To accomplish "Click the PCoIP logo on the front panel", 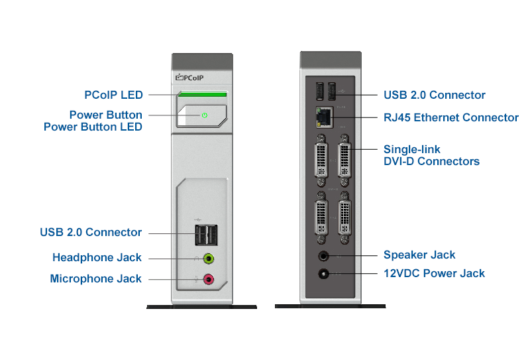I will pyautogui.click(x=189, y=78).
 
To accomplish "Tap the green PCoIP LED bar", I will pyautogui.click(x=202, y=95).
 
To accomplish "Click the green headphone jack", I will pyautogui.click(x=209, y=258).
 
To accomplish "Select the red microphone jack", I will pyautogui.click(x=209, y=279).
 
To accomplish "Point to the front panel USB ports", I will pyautogui.click(x=205, y=233).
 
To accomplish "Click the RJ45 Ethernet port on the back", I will pyautogui.click(x=324, y=117).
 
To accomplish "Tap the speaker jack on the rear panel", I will pyautogui.click(x=324, y=255).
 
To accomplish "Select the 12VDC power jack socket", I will pyautogui.click(x=324, y=273).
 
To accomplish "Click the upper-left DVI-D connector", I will pyautogui.click(x=321, y=160).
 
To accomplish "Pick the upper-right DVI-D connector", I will pyautogui.click(x=344, y=160).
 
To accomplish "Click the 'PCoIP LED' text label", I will pyautogui.click(x=113, y=95).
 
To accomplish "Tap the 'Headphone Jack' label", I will pyautogui.click(x=97, y=257).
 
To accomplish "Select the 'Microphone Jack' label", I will pyautogui.click(x=95, y=279).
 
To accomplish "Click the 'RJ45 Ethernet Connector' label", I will pyautogui.click(x=451, y=117).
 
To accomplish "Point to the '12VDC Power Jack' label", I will pyautogui.click(x=434, y=273).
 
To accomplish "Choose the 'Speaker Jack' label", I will pyautogui.click(x=419, y=255).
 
